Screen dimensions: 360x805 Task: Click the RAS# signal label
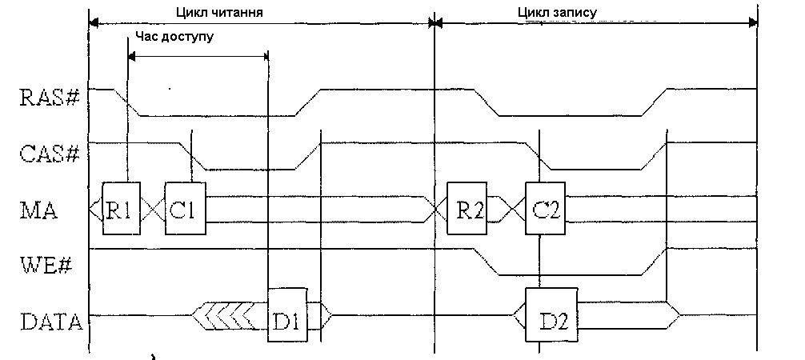point(48,98)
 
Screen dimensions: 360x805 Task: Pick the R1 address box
point(120,211)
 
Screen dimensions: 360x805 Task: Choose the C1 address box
point(185,211)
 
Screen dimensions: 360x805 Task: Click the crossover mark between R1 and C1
point(151,211)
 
